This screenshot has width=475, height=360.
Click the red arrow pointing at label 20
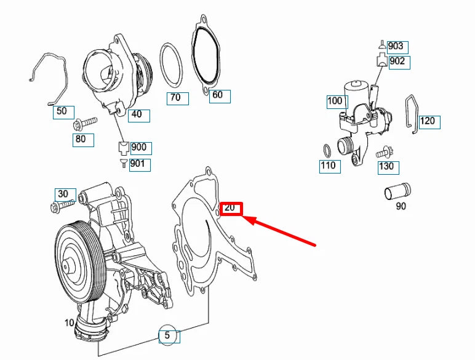coord(282,231)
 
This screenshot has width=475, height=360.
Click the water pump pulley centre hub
coord(69,266)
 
